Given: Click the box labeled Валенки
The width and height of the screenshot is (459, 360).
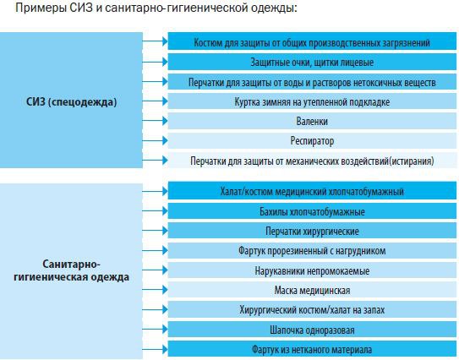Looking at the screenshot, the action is [312, 121].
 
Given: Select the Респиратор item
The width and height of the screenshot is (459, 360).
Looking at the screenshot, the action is [312, 141].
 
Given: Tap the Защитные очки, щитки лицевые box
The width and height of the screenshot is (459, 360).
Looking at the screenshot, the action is [312, 62].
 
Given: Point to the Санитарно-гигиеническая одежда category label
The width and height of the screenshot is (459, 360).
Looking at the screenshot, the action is [71, 271].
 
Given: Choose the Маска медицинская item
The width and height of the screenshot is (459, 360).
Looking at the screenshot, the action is [312, 290].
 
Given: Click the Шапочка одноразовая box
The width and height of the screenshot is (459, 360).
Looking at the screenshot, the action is [312, 330].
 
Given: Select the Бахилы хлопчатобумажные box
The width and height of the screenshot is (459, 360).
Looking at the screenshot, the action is [312, 211].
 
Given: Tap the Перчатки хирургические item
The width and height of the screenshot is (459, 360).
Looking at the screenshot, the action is [312, 231].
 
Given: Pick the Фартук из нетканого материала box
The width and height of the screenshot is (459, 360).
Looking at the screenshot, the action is [312, 349].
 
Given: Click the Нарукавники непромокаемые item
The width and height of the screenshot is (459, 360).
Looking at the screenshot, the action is [312, 270].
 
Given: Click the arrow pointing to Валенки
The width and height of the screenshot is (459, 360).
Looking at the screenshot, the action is [156, 121].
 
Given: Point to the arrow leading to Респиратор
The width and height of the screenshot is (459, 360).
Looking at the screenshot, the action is [156, 141].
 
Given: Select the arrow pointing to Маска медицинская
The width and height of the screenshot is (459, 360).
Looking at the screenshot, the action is [156, 290].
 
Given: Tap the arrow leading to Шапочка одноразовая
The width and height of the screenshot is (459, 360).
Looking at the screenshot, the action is [156, 330].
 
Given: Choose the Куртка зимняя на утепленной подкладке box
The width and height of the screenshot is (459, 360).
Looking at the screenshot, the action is [312, 101].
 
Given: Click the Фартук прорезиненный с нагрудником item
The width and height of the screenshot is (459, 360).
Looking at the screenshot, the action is [312, 250].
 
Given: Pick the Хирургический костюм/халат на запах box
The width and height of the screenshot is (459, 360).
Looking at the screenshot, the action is [312, 309].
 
